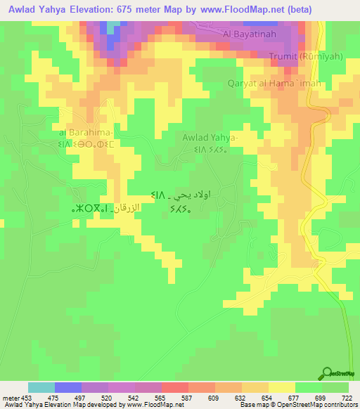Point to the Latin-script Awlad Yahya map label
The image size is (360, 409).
pyautogui.click(x=210, y=138)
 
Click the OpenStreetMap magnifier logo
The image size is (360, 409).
pyautogui.click(x=326, y=373)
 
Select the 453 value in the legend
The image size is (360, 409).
pyautogui.click(x=29, y=397)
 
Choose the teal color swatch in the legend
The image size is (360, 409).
pyautogui.click(x=41, y=387)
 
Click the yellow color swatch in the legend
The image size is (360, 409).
pyautogui.click(x=282, y=387)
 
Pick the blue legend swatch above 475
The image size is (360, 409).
pyautogui.click(x=68, y=387)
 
